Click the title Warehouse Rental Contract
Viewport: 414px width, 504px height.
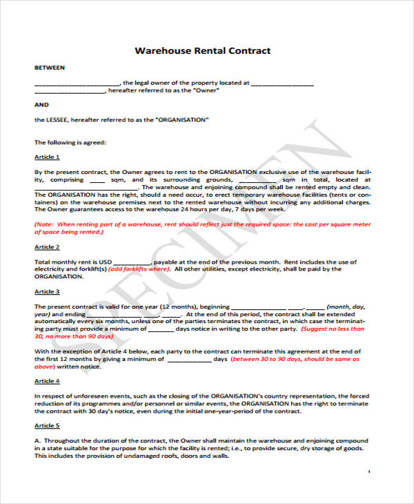coord(202,50)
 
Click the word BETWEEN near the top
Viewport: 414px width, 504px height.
coord(50,68)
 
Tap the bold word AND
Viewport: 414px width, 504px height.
coord(41,104)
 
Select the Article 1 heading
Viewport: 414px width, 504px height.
coord(47,157)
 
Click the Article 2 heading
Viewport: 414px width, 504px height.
coord(47,246)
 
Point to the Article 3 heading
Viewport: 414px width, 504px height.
coord(47,292)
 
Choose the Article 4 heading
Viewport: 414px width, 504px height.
coord(47,381)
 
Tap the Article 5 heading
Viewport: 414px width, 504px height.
coord(47,426)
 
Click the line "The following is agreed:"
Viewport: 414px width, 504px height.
coord(70,142)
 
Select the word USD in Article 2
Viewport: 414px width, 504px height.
coord(104,262)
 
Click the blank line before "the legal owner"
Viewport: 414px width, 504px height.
coord(76,83)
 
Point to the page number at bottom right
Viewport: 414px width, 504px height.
coord(369,471)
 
